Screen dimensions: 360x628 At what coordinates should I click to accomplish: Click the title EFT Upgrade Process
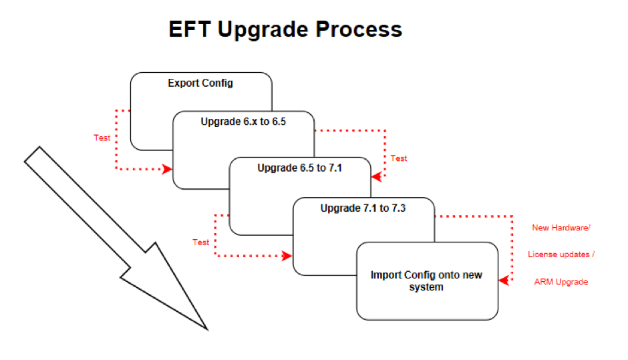click(x=285, y=29)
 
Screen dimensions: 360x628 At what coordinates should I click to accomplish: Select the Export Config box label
click(x=200, y=84)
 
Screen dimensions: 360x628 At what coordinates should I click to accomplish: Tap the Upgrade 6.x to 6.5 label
click(x=243, y=122)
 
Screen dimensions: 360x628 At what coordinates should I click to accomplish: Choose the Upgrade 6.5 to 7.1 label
click(x=299, y=168)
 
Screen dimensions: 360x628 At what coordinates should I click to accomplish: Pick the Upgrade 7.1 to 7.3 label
click(x=363, y=208)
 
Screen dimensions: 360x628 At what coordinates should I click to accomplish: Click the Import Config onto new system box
click(x=427, y=281)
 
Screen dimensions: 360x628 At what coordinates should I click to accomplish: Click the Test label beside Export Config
click(x=102, y=138)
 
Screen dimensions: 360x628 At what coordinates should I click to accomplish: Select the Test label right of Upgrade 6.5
click(x=399, y=158)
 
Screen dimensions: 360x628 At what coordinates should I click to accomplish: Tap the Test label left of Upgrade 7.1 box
click(x=201, y=242)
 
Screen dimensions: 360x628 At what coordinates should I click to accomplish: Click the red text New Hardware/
click(x=561, y=228)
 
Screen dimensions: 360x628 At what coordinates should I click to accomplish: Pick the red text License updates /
click(x=561, y=254)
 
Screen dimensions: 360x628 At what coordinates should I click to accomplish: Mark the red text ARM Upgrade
click(x=561, y=282)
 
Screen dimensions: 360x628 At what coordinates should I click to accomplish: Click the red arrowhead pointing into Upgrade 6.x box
click(x=168, y=170)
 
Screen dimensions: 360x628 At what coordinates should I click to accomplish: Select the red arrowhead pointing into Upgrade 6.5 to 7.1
click(x=376, y=177)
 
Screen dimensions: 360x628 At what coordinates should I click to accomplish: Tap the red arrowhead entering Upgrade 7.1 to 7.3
click(x=288, y=256)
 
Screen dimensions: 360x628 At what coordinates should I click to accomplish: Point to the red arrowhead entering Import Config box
click(x=504, y=281)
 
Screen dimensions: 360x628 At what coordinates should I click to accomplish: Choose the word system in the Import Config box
click(x=427, y=287)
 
